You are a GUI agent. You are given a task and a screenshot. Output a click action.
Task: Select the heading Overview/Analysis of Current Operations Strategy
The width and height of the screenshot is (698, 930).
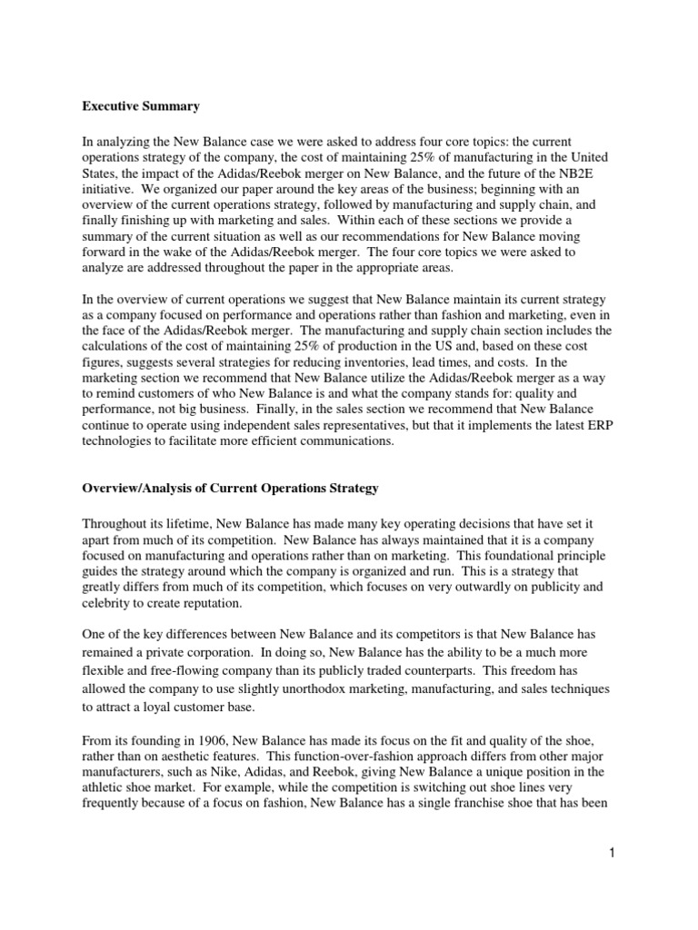tap(230, 489)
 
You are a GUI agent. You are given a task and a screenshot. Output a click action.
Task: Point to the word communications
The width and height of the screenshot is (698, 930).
tap(333, 440)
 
